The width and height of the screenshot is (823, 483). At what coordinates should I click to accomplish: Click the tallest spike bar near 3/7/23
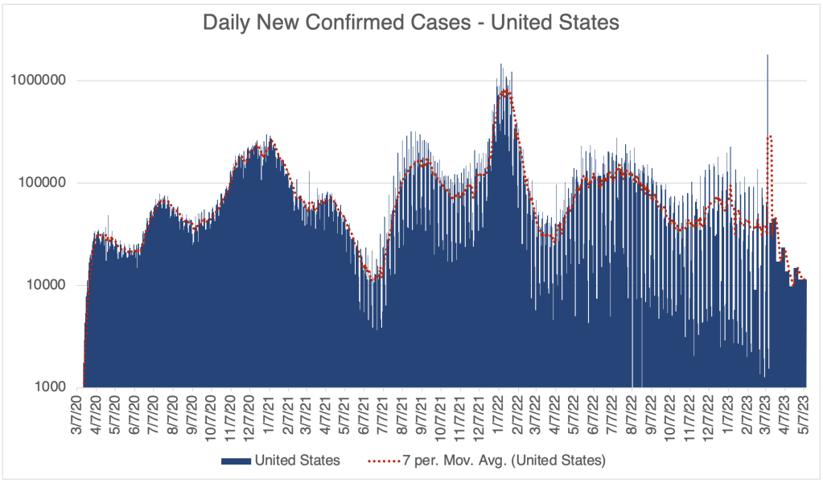767,56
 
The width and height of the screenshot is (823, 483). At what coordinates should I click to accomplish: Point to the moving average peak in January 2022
505,92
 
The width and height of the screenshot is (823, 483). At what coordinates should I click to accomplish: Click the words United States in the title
555,23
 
